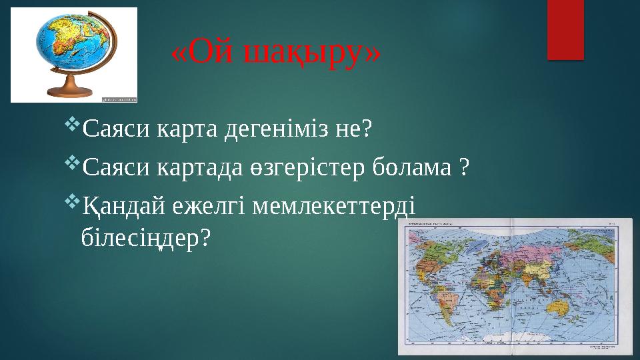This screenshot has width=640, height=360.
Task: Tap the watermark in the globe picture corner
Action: tap(119, 99)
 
